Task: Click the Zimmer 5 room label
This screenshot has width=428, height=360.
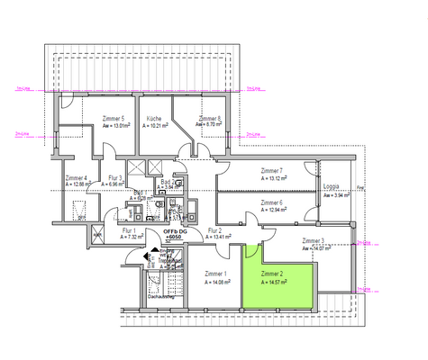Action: click(x=113, y=118)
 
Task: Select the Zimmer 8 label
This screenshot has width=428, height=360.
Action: click(x=210, y=118)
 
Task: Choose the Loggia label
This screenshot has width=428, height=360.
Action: click(x=333, y=187)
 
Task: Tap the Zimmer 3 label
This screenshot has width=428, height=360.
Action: click(x=314, y=241)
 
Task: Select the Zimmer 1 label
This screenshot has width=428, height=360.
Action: click(x=214, y=274)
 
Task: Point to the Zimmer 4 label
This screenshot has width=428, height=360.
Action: click(x=77, y=178)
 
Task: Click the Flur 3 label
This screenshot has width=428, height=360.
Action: click(x=114, y=178)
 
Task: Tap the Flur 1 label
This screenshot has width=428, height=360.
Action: click(x=129, y=231)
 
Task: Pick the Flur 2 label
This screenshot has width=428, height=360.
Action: click(x=214, y=231)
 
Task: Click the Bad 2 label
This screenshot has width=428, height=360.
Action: click(x=167, y=182)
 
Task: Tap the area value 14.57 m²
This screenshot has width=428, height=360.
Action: click(x=273, y=282)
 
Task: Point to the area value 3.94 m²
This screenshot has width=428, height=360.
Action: click(x=335, y=195)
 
